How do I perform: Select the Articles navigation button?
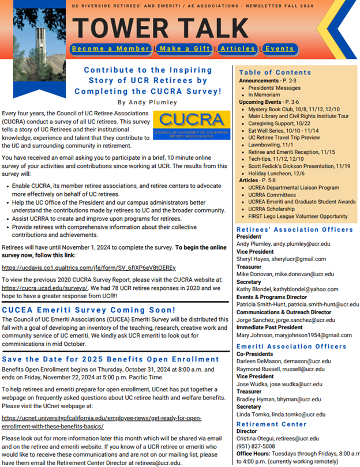coord(238,48)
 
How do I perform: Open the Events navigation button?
coord(280,48)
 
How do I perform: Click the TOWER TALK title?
coord(161,27)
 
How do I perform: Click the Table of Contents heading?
coord(275,73)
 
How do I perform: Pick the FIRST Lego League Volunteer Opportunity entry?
coord(298,216)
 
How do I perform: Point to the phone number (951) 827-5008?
coord(257,446)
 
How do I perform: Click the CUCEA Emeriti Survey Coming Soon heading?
coord(89,310)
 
